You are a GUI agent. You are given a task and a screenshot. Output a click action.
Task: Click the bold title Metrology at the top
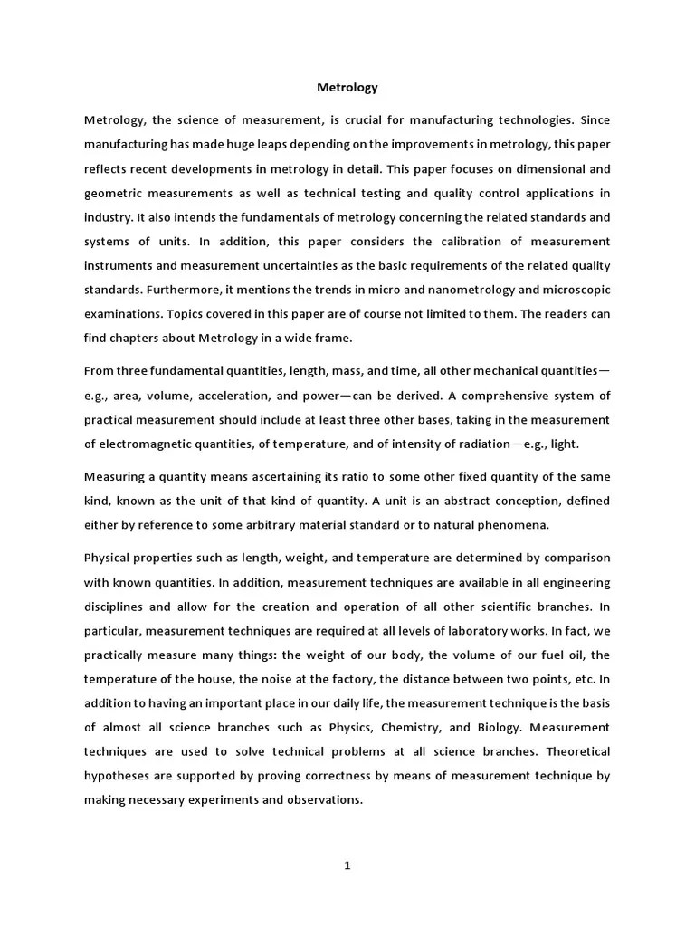pos(347,88)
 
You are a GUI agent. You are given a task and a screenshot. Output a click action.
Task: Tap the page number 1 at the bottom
pos(347,865)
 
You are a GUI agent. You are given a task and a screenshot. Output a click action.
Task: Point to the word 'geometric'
pos(113,192)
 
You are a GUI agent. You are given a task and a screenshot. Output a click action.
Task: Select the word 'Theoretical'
pos(573,752)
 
